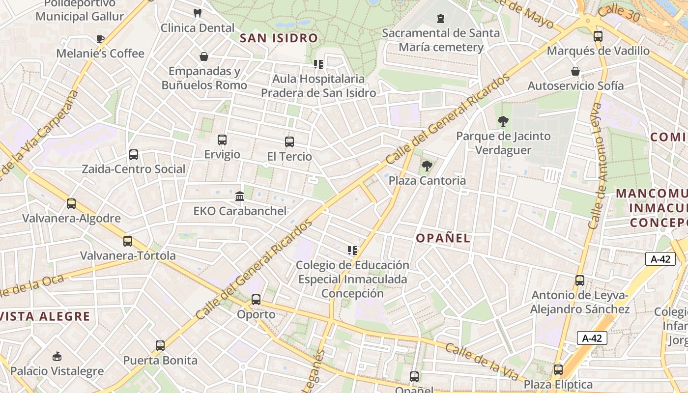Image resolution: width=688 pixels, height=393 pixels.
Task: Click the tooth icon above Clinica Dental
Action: click(198, 13)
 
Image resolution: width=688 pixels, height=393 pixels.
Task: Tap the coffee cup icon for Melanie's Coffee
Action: click(100, 39)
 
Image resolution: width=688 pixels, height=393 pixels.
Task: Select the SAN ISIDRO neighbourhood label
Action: click(279, 38)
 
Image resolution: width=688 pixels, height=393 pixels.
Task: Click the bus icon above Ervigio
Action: click(222, 140)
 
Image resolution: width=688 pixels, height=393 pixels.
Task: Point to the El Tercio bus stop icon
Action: click(289, 142)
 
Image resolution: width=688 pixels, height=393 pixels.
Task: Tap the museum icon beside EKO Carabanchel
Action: click(240, 196)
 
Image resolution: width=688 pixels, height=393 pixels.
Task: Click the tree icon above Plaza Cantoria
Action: click(427, 166)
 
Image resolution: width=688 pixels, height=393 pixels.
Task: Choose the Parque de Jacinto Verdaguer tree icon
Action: click(503, 121)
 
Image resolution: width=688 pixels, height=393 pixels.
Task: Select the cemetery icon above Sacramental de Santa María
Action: click(440, 19)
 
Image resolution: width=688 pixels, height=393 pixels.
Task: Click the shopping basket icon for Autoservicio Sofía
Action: click(575, 71)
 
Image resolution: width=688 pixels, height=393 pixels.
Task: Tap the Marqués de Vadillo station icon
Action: click(598, 36)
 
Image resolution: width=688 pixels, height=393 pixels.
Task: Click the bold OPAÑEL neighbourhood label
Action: click(443, 238)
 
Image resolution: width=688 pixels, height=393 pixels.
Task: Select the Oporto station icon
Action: click(256, 300)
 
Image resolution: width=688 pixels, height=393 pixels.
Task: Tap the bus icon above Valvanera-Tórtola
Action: click(128, 241)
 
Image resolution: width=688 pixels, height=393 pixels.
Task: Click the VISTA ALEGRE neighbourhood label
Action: click(45, 316)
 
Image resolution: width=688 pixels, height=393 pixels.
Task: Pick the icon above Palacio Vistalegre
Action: click(57, 356)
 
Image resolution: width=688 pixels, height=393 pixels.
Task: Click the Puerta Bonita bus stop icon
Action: click(160, 346)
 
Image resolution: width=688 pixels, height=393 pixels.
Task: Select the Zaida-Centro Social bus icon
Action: click(134, 155)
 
